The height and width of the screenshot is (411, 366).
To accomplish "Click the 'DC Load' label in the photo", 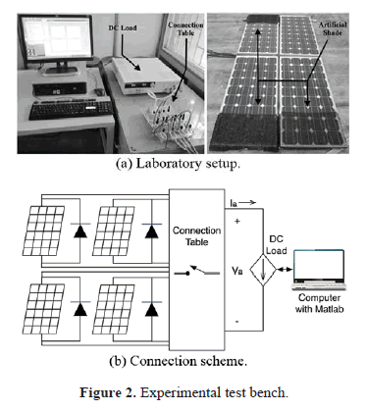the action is point(123,28).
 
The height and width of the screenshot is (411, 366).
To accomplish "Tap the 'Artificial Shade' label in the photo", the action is point(333,28).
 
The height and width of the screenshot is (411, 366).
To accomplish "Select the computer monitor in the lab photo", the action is point(56,43).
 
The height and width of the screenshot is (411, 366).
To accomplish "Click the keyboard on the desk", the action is point(71,109).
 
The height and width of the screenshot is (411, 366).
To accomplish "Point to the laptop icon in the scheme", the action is point(319,270).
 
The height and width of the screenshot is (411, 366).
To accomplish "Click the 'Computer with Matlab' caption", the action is point(320,303).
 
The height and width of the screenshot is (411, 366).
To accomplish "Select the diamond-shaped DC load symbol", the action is point(263,270).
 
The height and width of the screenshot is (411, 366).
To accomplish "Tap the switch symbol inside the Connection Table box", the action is point(197,271).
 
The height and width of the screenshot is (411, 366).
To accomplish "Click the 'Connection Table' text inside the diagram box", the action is point(197,236).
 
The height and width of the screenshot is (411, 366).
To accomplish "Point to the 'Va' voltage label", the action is point(237,271).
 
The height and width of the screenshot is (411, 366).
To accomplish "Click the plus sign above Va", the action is point(237,222).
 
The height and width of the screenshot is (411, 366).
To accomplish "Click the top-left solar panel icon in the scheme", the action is point(43,231).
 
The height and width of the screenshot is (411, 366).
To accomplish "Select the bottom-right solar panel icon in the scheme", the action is point(114,309).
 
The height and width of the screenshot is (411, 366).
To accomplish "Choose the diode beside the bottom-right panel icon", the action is point(151,308).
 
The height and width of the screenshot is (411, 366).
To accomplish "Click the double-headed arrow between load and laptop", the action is point(286,270).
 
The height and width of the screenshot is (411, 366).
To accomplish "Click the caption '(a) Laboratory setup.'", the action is point(179,164).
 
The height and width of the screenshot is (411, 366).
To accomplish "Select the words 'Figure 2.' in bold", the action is point(108,392).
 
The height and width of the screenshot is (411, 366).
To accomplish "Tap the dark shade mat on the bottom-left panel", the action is point(243,131).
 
